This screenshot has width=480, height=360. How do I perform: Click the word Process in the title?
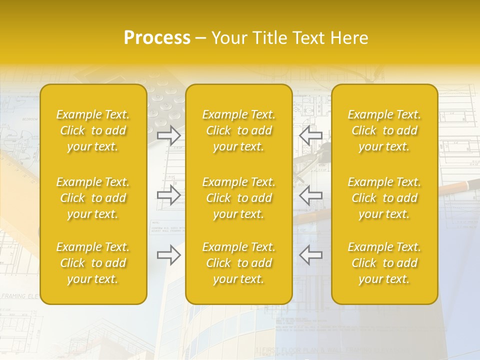157,38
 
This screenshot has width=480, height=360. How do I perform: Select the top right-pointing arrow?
168,135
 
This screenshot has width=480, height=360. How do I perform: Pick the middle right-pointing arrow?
168,195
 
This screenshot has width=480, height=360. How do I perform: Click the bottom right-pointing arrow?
168,254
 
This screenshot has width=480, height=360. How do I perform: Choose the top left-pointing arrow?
310,135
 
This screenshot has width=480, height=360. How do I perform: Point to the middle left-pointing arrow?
310,195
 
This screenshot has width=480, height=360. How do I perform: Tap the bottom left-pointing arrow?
310,254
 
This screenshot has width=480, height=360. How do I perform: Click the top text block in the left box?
93,130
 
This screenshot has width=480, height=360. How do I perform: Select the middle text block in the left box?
93,198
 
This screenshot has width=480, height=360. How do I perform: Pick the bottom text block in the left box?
93,263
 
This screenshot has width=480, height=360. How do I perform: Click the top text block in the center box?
238,130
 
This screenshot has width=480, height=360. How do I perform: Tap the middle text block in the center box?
238,198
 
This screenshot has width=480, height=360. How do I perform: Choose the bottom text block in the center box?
238,263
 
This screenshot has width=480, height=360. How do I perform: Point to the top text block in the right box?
384,130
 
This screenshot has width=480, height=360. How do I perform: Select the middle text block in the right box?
384,198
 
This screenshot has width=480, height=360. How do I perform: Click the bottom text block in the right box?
384,263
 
